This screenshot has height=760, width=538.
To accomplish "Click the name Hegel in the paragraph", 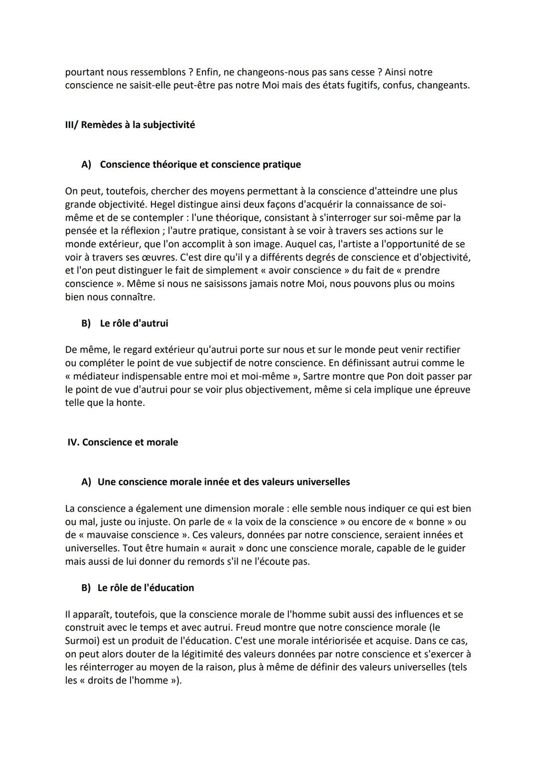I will pyautogui.click(x=163, y=204).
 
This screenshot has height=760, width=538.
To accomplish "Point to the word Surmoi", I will pyautogui.click(x=82, y=641).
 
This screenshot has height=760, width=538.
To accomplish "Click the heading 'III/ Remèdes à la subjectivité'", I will pyautogui.click(x=130, y=124).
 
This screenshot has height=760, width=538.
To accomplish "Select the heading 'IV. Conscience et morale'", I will pyautogui.click(x=123, y=442).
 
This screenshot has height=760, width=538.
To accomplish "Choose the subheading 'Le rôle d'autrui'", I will pyautogui.click(x=134, y=323).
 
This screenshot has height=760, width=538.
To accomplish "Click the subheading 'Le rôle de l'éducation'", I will pyautogui.click(x=145, y=587).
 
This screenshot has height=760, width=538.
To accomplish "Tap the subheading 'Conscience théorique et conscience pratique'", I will pyautogui.click(x=200, y=164).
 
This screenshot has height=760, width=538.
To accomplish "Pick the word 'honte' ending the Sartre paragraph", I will pyautogui.click(x=131, y=402).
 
